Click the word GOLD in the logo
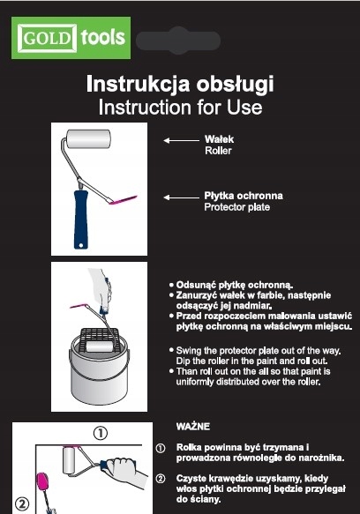click(47, 38)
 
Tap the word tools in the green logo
click(103, 37)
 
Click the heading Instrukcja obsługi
click(180, 84)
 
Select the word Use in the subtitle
click(244, 107)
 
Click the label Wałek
click(219, 139)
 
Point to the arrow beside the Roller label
click(182, 140)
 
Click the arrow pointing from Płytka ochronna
click(182, 197)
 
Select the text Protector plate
click(237, 207)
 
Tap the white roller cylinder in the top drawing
click(88, 139)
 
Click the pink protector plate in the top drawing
click(123, 200)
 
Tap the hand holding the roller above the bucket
click(101, 285)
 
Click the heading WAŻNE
click(193, 427)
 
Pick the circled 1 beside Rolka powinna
click(161, 448)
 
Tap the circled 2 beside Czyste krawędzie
click(161, 479)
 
